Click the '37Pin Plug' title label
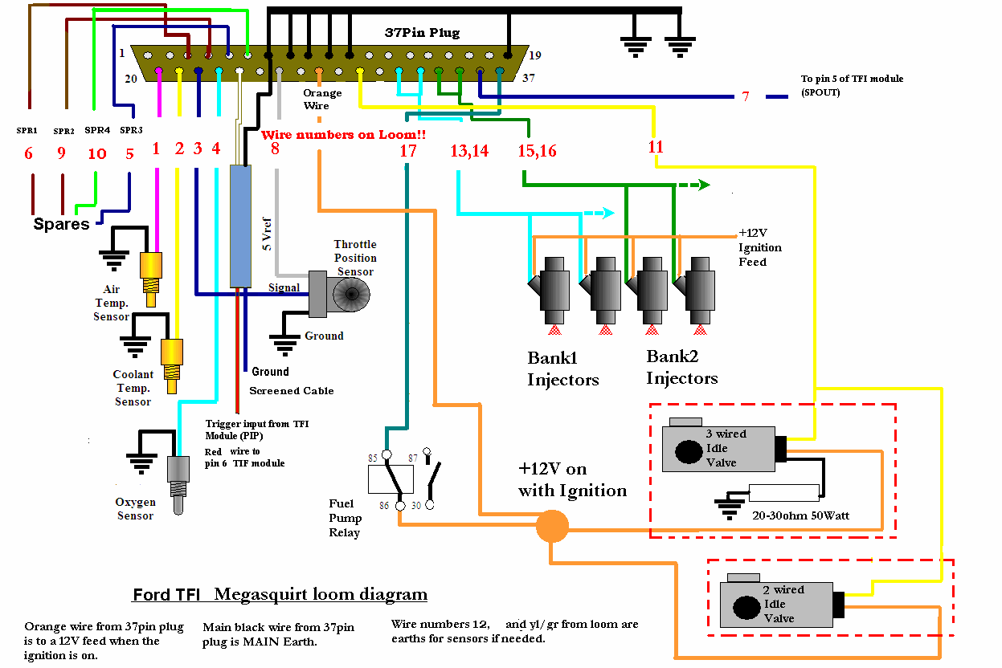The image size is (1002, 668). [x=422, y=33]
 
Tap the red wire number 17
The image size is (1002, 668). [x=408, y=151]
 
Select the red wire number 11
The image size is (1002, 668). [x=656, y=147]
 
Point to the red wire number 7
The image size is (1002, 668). [x=745, y=96]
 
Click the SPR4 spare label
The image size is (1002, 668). [x=97, y=130]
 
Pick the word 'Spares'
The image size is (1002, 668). [x=61, y=224]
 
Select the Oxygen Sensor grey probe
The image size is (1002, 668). [x=178, y=485]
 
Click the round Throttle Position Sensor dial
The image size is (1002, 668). [x=352, y=294]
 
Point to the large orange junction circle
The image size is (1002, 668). [x=553, y=527]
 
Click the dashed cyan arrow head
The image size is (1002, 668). [x=608, y=213]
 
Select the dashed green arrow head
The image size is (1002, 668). [x=704, y=185]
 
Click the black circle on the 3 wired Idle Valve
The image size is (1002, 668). [x=689, y=451]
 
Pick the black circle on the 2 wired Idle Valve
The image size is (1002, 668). [x=746, y=608]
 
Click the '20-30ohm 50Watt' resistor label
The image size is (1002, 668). [x=800, y=515]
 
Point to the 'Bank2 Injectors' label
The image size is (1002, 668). [x=681, y=367]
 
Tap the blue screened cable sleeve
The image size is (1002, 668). [x=240, y=226]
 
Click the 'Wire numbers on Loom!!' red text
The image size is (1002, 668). [x=343, y=135]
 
